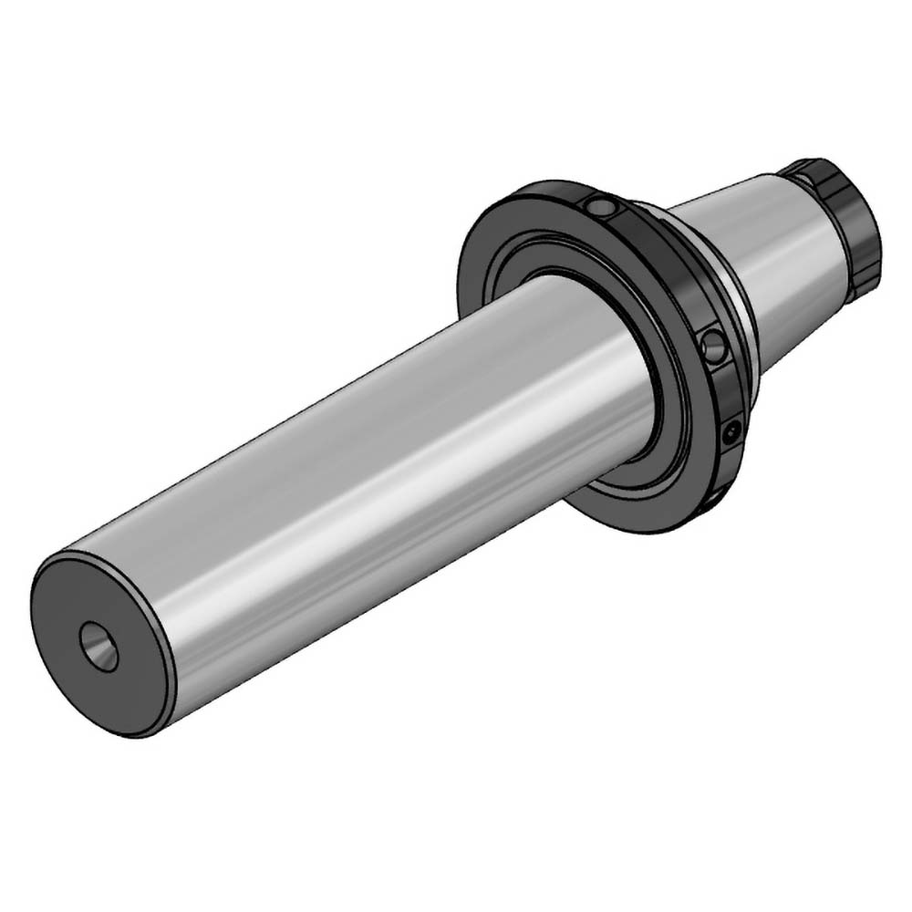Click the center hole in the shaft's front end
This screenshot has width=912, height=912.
(98, 647)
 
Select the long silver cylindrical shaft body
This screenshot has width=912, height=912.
(365, 456)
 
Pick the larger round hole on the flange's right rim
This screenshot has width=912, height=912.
(714, 347)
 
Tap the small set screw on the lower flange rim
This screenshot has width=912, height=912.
(731, 434)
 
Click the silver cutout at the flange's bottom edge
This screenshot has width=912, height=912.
(716, 497)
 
